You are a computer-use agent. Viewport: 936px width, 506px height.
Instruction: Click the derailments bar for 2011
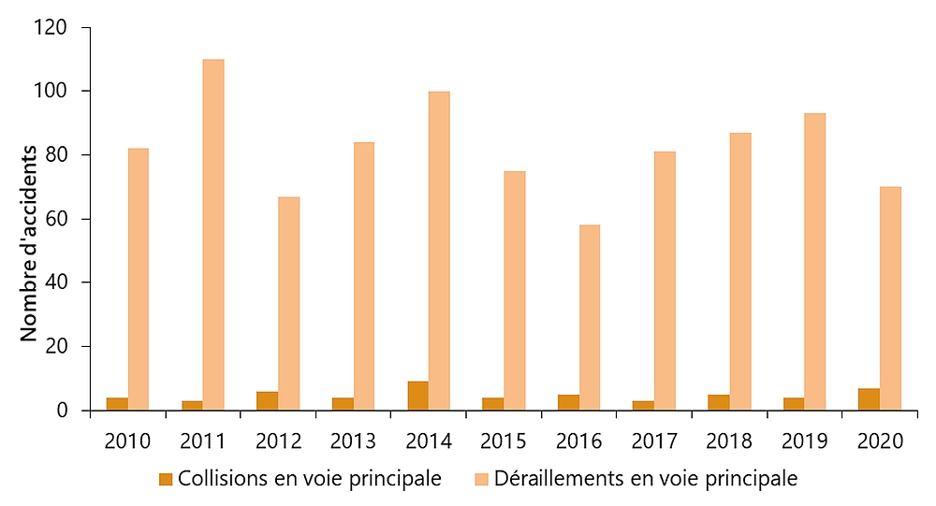click(x=213, y=235)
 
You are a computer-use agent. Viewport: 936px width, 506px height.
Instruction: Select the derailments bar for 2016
click(x=589, y=317)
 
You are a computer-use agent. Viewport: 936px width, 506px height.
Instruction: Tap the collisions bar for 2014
click(x=417, y=396)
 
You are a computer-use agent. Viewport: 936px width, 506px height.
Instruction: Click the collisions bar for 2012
click(x=267, y=400)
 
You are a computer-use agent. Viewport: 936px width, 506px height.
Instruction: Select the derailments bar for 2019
click(x=814, y=262)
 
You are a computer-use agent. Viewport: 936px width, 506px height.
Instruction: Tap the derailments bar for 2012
click(x=288, y=303)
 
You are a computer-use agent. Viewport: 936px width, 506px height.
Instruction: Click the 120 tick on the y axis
click(x=52, y=28)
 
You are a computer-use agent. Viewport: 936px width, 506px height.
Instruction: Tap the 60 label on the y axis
click(x=58, y=220)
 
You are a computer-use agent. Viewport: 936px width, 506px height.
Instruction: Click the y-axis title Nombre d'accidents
click(x=29, y=243)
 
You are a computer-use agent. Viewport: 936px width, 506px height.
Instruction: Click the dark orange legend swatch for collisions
click(x=166, y=479)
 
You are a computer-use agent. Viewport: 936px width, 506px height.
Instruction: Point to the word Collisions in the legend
click(x=222, y=479)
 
